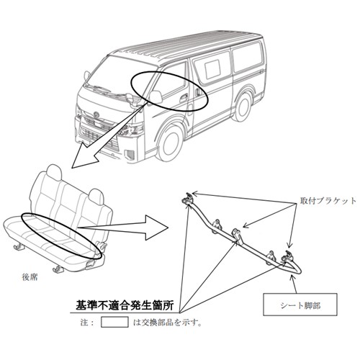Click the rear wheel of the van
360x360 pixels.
243,107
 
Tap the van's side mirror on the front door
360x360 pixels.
156,97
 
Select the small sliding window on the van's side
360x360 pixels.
213,69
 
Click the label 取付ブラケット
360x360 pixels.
328,201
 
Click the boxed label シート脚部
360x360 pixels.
300,305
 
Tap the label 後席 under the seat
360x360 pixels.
30,277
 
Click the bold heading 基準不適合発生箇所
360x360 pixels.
125,305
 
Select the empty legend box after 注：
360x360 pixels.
114,322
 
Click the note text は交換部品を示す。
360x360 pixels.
167,323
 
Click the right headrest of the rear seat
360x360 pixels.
96,197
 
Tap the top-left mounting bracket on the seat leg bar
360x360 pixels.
187,199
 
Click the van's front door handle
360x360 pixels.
184,98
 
